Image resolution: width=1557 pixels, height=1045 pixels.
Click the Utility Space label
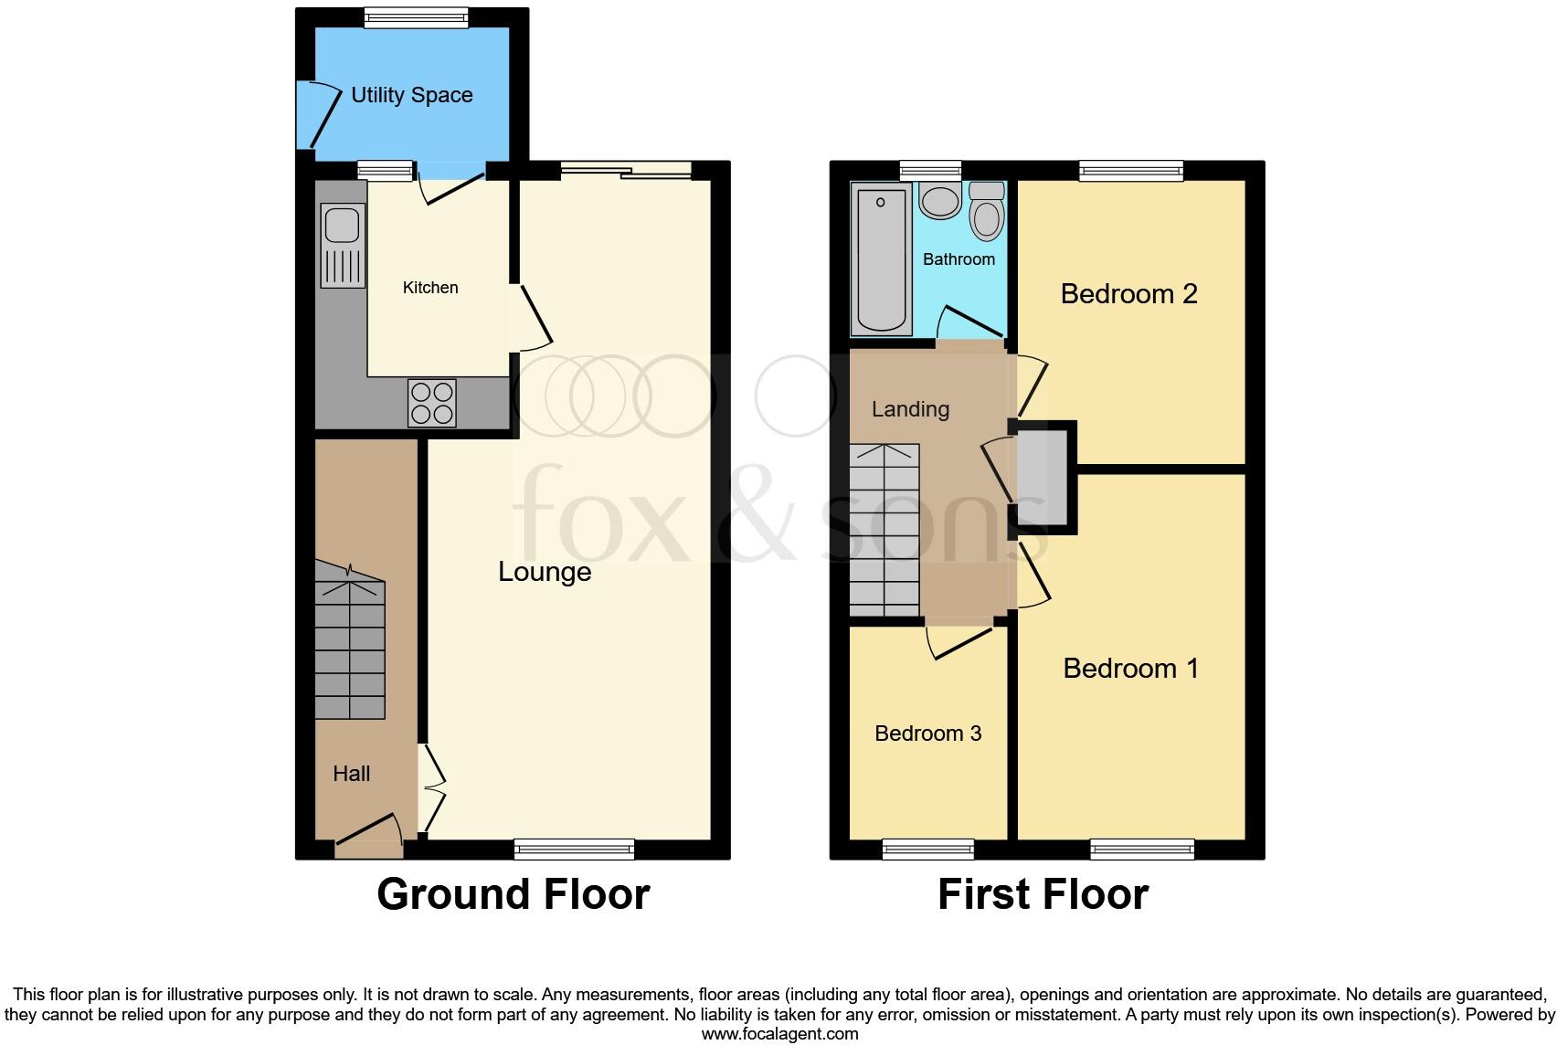pyautogui.click(x=411, y=95)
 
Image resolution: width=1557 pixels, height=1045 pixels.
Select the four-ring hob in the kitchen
pyautogui.click(x=432, y=402)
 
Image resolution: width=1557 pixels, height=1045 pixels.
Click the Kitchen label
pyautogui.click(x=430, y=288)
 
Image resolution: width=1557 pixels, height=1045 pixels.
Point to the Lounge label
pyautogui.click(x=545, y=572)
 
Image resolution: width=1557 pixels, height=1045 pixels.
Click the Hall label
pyautogui.click(x=351, y=774)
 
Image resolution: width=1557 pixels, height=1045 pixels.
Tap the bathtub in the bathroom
pyautogui.click(x=882, y=259)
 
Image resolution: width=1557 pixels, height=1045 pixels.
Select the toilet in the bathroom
pyautogui.click(x=986, y=212)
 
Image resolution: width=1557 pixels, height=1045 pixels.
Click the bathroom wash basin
pyautogui.click(x=939, y=200)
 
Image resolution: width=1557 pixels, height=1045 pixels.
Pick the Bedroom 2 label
pyautogui.click(x=1128, y=294)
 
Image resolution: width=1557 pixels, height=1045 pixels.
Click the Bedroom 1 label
pyautogui.click(x=1130, y=669)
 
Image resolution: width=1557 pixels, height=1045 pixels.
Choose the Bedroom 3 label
pyautogui.click(x=927, y=734)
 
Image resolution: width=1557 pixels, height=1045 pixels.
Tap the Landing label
pyautogui.click(x=910, y=409)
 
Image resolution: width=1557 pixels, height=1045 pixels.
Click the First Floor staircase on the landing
pyautogui.click(x=884, y=530)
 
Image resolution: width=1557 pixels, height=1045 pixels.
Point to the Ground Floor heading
pyautogui.click(x=513, y=894)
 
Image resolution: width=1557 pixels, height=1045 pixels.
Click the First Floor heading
pyautogui.click(x=1043, y=894)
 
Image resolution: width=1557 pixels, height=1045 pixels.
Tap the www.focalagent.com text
pyautogui.click(x=779, y=1034)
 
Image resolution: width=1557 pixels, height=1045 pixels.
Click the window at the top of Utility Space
pyautogui.click(x=416, y=17)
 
